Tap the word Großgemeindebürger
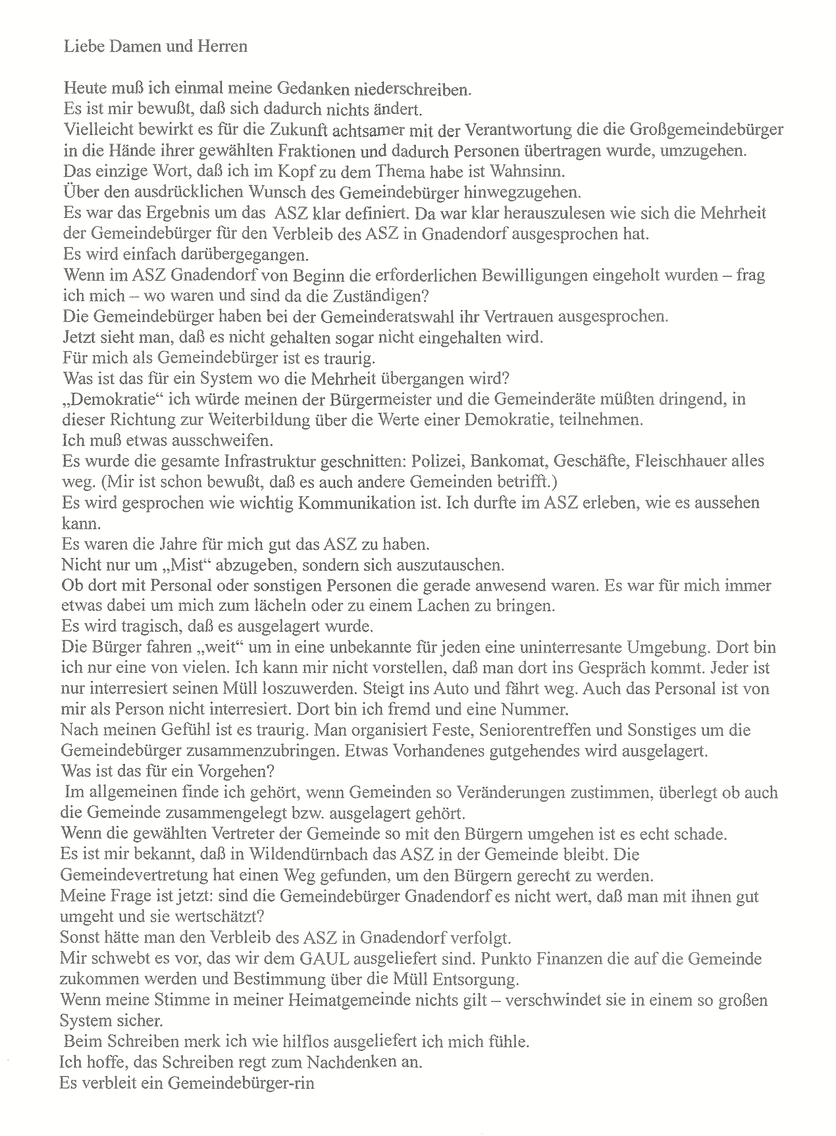(x=706, y=130)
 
